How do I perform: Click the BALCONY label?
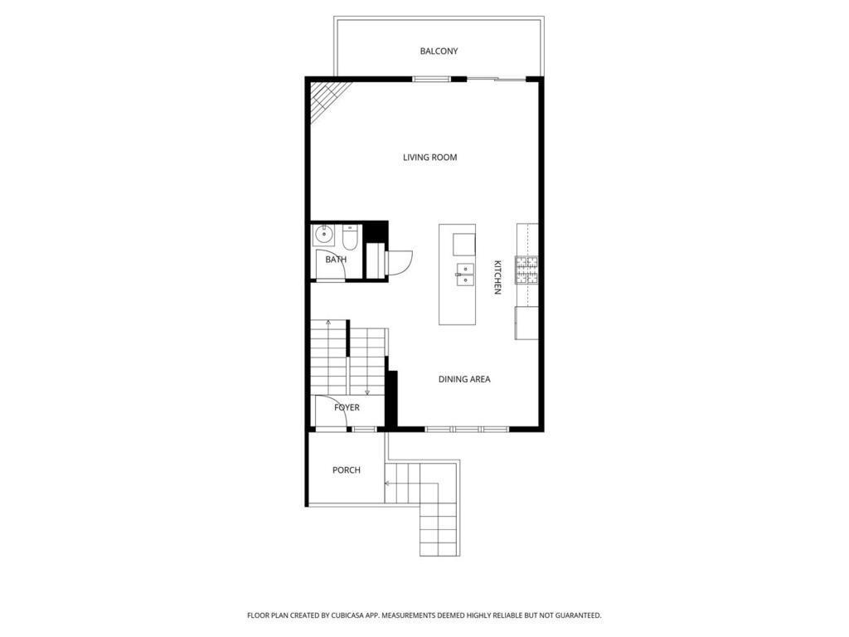coord(439,51)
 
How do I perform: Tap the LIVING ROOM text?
coord(429,158)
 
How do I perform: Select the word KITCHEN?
coord(497,277)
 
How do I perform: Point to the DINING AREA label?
coord(464,379)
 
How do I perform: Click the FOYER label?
coord(347,408)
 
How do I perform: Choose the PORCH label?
coord(346,470)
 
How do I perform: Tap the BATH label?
coord(336,260)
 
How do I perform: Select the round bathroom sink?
coord(323,236)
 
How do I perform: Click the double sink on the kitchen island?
coord(464,275)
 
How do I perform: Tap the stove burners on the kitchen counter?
coord(526,270)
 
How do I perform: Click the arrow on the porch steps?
coord(387,482)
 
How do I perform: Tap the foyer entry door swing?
coord(328,415)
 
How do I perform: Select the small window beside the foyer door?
coord(364,429)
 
